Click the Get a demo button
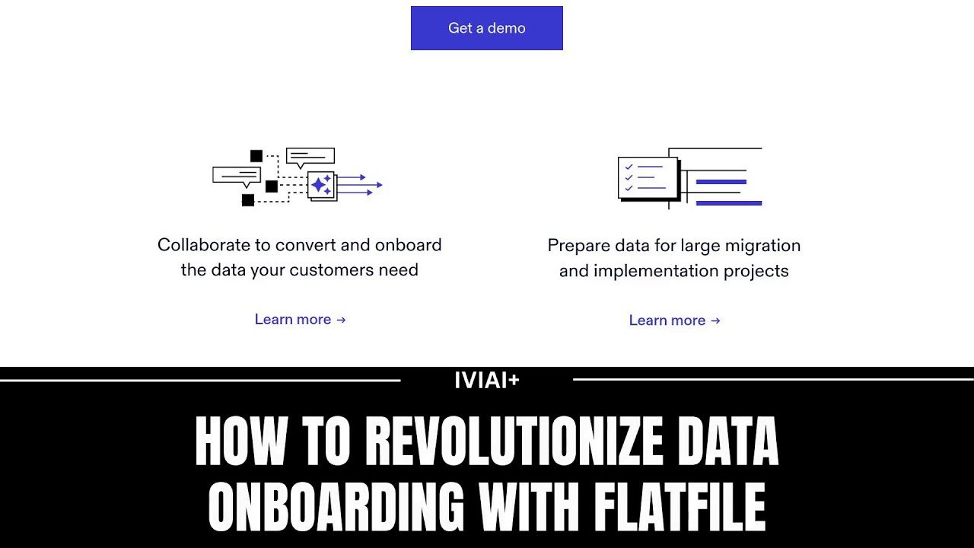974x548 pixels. pos(486,28)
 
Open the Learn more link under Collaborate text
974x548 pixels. pos(300,320)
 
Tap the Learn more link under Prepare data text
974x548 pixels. pos(674,320)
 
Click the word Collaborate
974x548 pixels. pos(203,245)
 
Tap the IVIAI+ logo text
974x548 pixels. pos(486,380)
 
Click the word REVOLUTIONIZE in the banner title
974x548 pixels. pos(514,441)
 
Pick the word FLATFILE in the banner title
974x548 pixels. pos(680,507)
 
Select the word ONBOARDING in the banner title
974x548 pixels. pos(336,507)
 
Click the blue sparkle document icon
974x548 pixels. pos(322,185)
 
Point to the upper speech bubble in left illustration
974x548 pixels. pos(310,157)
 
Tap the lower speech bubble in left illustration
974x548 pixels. pos(236,176)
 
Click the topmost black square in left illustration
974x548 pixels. pos(256,156)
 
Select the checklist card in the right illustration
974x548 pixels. pos(648,177)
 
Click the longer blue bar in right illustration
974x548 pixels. pos(728,203)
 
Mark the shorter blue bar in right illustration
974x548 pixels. pos(721,182)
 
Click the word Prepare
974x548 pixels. pos(576,246)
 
